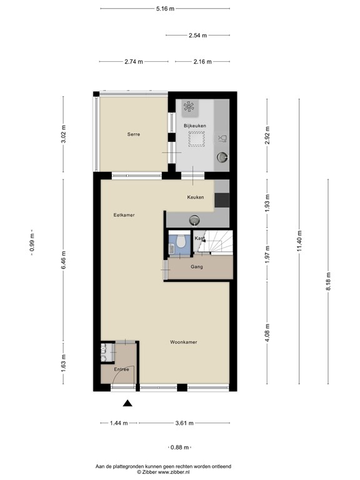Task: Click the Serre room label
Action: tap(134, 134)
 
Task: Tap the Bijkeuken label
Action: tap(195, 126)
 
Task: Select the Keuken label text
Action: tap(195, 197)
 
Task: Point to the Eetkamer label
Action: tap(124, 215)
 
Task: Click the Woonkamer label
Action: tap(183, 342)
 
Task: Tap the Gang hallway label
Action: tap(196, 267)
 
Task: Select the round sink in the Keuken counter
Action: tap(194, 219)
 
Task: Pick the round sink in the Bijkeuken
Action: tap(222, 157)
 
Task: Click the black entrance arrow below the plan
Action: tap(127, 404)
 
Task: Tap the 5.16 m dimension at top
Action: tap(165, 9)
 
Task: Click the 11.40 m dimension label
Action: tap(299, 241)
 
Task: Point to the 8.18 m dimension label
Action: tap(328, 282)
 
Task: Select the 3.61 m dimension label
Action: tap(184, 423)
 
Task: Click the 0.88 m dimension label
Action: tap(180, 447)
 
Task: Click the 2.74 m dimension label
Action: tap(134, 61)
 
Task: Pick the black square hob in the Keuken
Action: tap(222, 200)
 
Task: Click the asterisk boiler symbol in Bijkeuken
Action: tap(189, 106)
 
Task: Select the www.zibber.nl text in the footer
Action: tap(174, 472)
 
